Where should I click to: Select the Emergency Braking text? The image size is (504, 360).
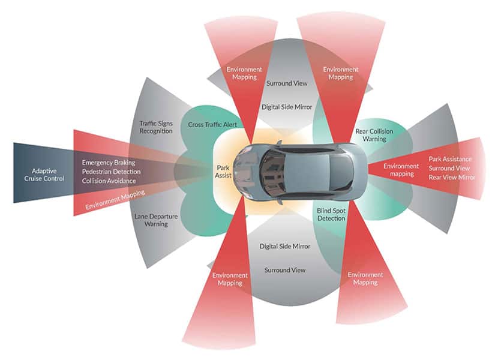(x=109, y=163)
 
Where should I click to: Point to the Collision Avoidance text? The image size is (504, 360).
(x=109, y=181)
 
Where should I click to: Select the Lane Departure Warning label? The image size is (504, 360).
(x=152, y=220)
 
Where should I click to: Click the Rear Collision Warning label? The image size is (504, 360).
(x=371, y=134)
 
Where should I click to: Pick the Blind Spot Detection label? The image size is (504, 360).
(x=331, y=214)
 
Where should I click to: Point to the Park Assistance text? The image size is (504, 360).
(x=450, y=159)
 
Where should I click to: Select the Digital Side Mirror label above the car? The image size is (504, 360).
(x=287, y=107)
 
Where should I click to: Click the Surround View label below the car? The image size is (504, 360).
(x=285, y=270)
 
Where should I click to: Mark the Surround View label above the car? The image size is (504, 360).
(x=287, y=83)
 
